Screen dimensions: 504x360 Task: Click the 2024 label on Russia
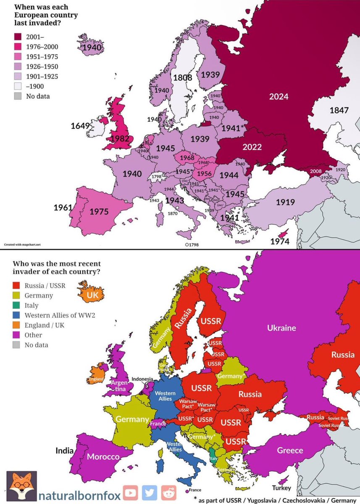279,97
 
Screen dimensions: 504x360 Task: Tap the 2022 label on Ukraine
252,147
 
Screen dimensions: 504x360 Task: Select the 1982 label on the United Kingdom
119,138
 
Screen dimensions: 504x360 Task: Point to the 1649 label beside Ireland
80,126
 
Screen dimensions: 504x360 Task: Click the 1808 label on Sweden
183,78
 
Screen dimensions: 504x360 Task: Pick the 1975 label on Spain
99,211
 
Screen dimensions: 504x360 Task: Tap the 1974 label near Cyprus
279,241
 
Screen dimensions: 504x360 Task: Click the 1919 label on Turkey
285,202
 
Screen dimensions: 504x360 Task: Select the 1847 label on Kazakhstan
339,110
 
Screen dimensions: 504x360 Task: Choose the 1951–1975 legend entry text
42,57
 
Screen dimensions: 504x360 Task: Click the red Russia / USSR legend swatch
17,286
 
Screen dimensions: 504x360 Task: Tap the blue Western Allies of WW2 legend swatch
17,315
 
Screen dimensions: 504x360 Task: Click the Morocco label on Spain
103,457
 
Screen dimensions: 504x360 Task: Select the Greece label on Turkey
290,450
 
